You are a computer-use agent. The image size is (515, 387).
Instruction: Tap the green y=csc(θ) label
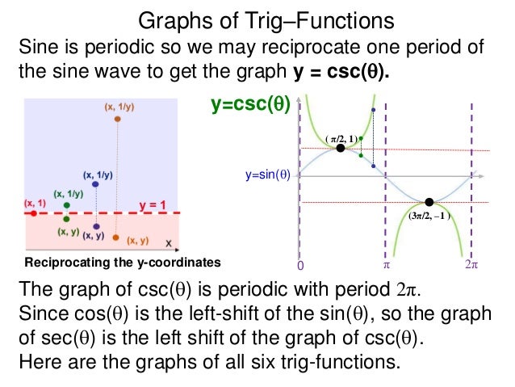pyautogui.click(x=250, y=104)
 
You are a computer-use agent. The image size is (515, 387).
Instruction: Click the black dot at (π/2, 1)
pyautogui.click(x=341, y=149)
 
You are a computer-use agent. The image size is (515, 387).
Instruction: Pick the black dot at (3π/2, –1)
pyautogui.click(x=429, y=202)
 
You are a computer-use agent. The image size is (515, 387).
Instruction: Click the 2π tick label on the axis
pyautogui.click(x=471, y=264)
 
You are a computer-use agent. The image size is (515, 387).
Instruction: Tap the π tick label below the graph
pyautogui.click(x=385, y=264)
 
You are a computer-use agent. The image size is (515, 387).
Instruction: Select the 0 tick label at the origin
pyautogui.click(x=300, y=265)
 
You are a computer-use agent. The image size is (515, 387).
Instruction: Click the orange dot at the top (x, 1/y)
pyautogui.click(x=118, y=120)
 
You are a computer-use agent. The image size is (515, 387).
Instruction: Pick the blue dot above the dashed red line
pyautogui.click(x=95, y=185)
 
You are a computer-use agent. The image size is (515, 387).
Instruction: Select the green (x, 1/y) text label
pyautogui.click(x=69, y=194)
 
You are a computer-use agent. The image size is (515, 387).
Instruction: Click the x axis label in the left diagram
pyautogui.click(x=168, y=242)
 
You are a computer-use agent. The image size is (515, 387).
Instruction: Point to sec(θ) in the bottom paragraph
pyautogui.click(x=59, y=335)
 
